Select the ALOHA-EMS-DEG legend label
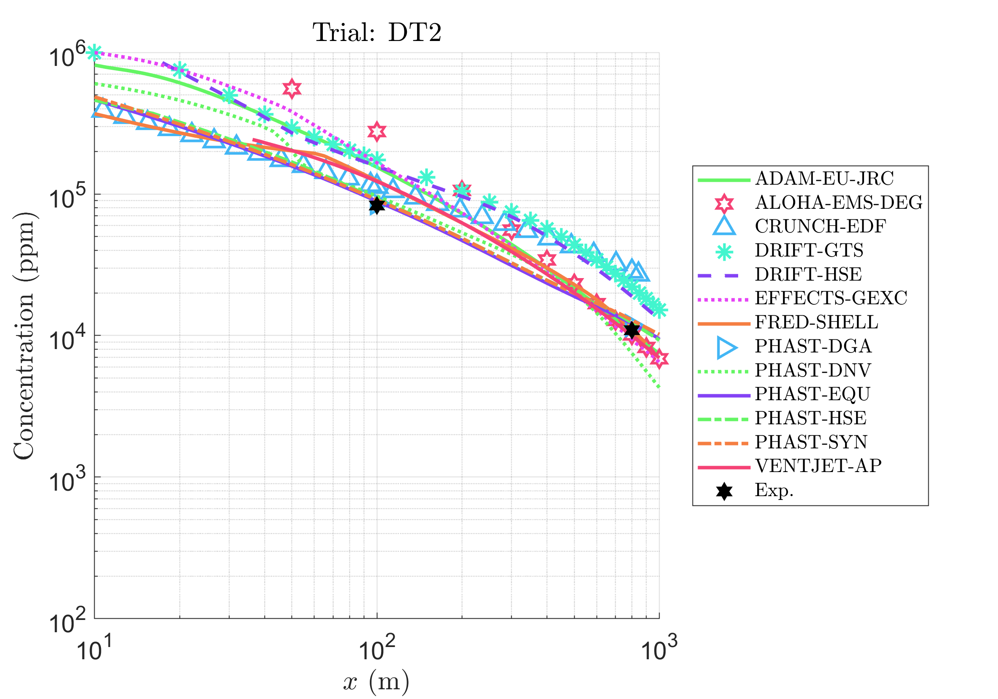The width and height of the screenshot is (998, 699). (x=838, y=202)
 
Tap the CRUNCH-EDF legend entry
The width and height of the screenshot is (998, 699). (x=820, y=227)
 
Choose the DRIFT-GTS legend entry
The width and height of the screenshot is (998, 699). (x=809, y=250)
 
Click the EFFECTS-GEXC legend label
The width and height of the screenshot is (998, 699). (x=831, y=298)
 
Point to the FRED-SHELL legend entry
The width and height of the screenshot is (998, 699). (x=816, y=322)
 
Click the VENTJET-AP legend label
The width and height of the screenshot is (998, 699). (x=818, y=466)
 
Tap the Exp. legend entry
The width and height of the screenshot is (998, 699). (x=774, y=490)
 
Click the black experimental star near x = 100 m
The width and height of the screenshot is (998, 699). (x=377, y=205)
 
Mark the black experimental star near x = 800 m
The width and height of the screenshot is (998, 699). (x=632, y=330)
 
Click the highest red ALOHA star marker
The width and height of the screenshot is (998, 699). (x=292, y=89)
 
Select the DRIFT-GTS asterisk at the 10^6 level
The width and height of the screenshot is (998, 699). (x=94, y=52)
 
